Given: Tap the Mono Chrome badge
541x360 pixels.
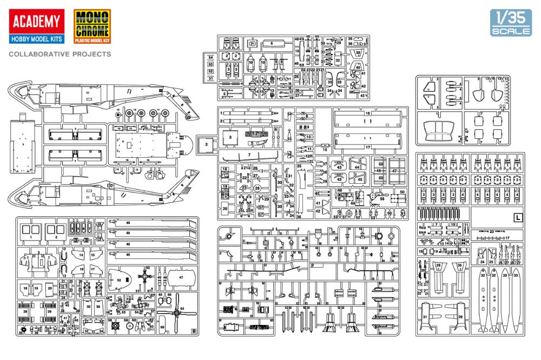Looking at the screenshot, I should [x=91, y=26].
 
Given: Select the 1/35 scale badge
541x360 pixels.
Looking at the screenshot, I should [x=511, y=22].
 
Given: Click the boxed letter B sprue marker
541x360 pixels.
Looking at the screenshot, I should [x=194, y=331].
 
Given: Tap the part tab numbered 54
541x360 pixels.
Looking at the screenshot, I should [x=211, y=57].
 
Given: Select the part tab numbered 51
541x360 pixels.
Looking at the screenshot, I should [x=211, y=78].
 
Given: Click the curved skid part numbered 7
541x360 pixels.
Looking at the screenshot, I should [x=249, y=155].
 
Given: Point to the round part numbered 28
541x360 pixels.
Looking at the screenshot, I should [x=258, y=188].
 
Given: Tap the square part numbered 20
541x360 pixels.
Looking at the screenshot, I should [x=225, y=208].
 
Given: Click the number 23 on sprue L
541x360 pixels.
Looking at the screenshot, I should [x=491, y=231].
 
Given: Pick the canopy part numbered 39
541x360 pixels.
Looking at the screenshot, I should [x=358, y=53].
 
